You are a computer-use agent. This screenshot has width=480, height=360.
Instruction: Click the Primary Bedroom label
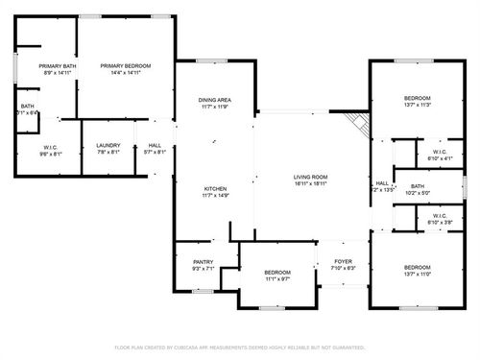(126, 65)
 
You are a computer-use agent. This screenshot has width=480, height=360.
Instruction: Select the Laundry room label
(108, 146)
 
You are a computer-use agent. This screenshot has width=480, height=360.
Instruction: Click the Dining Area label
(214, 100)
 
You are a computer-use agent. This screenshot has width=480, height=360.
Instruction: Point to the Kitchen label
(214, 188)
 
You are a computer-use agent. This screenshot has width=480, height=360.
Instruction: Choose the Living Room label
(311, 177)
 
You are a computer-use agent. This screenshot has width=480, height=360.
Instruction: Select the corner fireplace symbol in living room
(357, 123)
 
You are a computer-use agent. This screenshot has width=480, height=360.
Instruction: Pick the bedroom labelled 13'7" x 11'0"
(417, 269)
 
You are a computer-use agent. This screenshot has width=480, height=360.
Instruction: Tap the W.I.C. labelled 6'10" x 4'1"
(438, 152)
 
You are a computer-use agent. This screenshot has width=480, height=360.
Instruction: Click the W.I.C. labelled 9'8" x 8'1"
(50, 149)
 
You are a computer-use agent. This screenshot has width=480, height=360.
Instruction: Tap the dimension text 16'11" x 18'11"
(311, 184)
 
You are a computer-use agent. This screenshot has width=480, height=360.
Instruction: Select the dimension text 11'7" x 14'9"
(214, 196)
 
